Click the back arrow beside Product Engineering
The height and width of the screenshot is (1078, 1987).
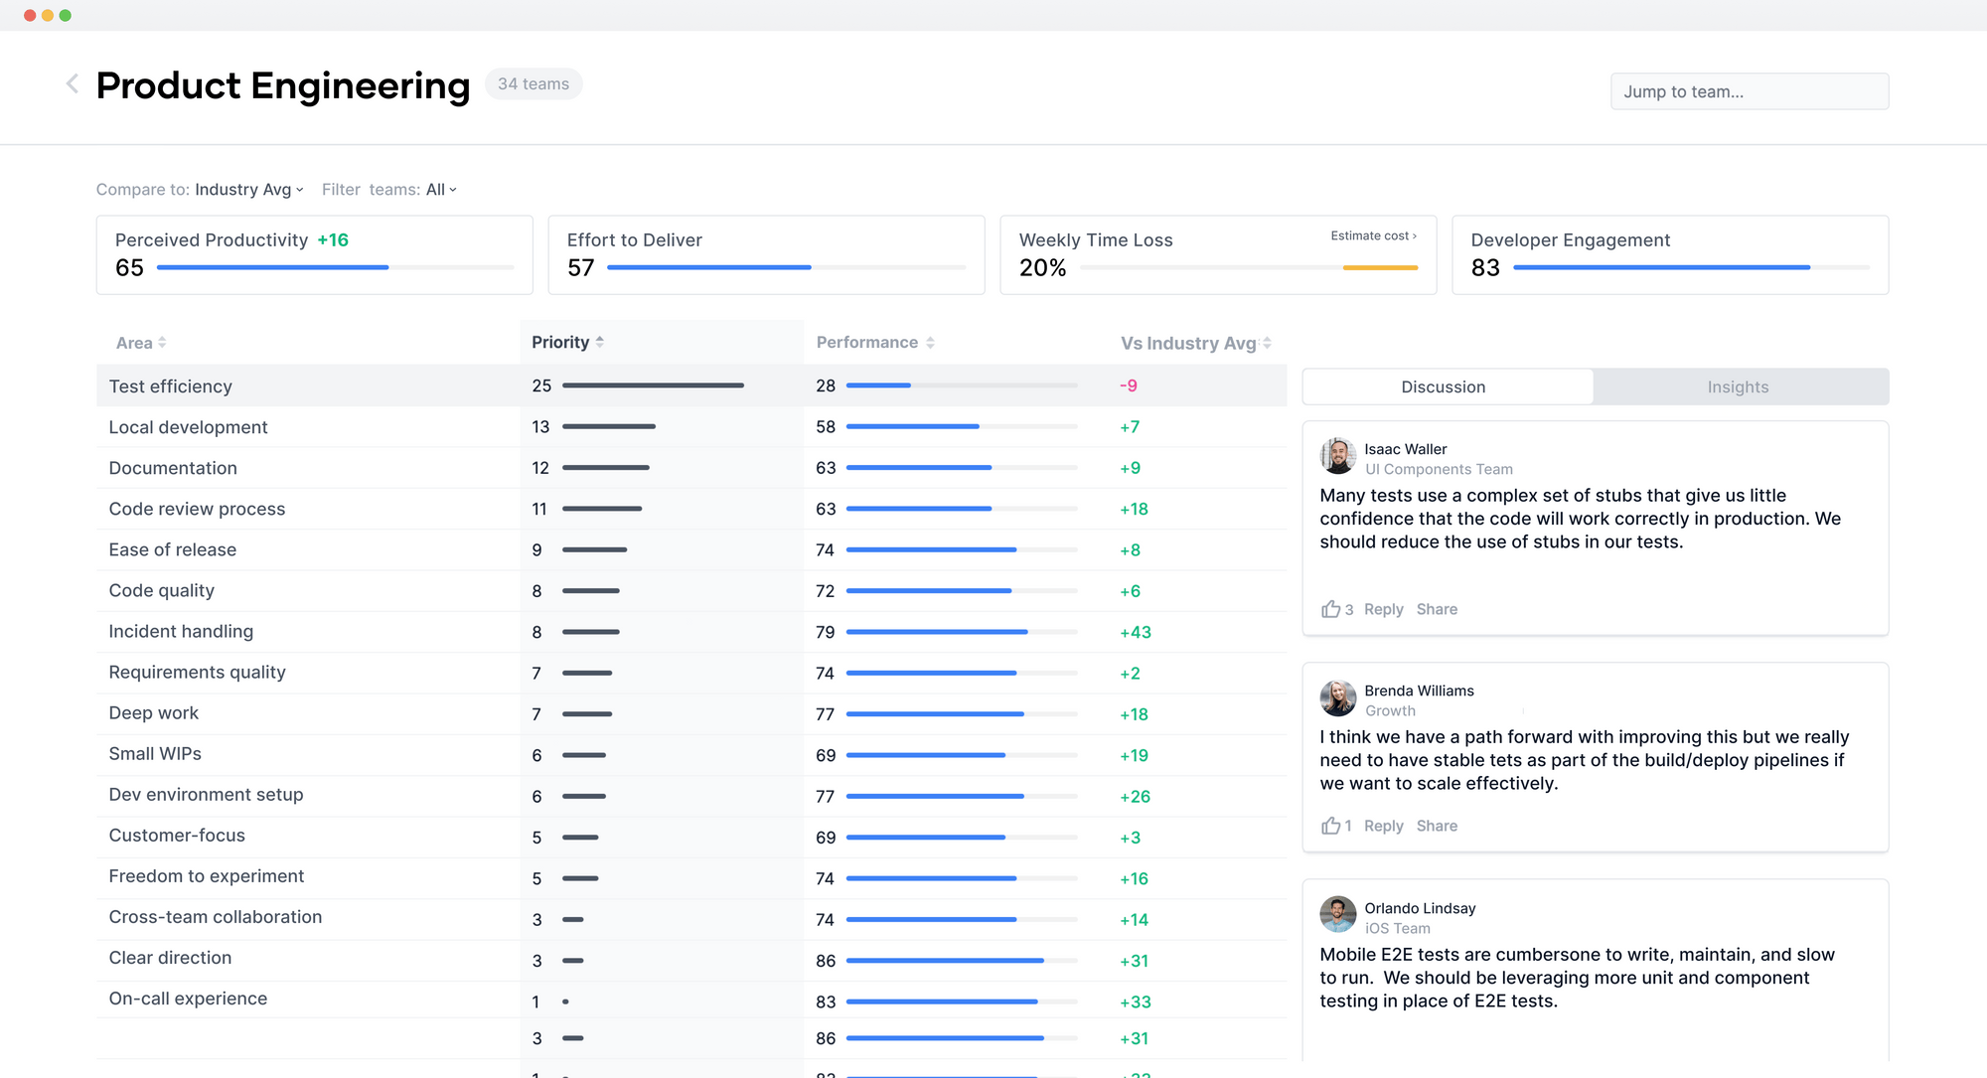tap(73, 84)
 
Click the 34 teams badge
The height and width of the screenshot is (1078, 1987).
tap(534, 84)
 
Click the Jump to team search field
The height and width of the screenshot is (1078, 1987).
tap(1749, 91)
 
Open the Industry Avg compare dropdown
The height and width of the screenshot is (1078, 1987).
tap(248, 190)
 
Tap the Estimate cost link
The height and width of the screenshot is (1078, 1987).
tap(1373, 235)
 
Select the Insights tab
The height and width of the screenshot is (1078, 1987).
tap(1738, 387)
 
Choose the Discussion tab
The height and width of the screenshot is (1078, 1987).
tap(1443, 387)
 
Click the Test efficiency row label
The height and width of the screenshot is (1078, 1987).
tap(171, 386)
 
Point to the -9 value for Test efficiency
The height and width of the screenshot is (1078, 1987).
tap(1129, 385)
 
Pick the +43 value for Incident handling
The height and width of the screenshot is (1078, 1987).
tap(1136, 632)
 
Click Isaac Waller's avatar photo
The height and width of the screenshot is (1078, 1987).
tap(1337, 457)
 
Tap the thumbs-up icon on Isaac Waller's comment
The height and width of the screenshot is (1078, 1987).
tap(1330, 609)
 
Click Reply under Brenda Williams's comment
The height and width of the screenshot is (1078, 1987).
tap(1383, 826)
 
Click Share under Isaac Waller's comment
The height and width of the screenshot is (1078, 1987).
tap(1437, 609)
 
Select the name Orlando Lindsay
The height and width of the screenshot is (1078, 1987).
tap(1420, 908)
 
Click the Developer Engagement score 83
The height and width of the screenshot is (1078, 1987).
tap(1485, 268)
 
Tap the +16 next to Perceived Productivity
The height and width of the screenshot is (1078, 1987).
tap(333, 240)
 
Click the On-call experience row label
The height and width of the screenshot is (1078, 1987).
tap(188, 999)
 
